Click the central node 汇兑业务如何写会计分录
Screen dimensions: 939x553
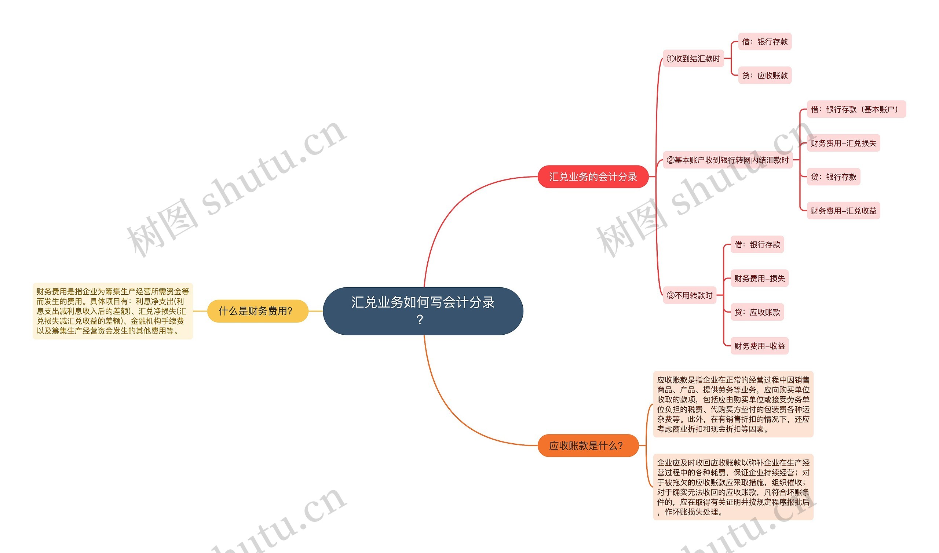423,310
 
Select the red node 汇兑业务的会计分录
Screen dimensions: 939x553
593,177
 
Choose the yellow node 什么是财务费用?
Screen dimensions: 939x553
257,310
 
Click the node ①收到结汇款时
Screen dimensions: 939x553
693,59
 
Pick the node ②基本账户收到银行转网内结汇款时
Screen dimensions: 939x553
727,160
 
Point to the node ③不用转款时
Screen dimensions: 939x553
689,295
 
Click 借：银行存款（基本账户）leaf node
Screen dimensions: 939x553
856,109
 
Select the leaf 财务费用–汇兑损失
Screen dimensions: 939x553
843,143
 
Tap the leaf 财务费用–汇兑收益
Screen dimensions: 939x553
843,211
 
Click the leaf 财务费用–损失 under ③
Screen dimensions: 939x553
759,278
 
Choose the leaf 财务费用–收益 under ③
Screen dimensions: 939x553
759,346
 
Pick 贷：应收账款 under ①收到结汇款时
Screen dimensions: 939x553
765,75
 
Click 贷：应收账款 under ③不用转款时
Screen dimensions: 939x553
757,312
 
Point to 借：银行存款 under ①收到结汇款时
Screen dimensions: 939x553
765,41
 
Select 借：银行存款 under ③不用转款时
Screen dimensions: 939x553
757,245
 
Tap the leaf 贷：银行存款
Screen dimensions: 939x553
833,177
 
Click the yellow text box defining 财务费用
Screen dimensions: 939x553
113,311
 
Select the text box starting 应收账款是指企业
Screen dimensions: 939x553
733,404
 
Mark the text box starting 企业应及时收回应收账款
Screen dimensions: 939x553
733,487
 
